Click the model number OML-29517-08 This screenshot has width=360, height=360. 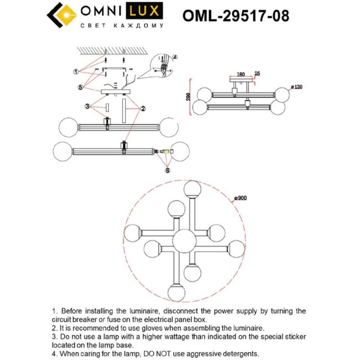(x=235, y=15)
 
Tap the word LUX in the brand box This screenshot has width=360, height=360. (x=146, y=11)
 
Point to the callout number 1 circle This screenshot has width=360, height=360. (x=76, y=72)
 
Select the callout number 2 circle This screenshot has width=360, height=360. (x=143, y=108)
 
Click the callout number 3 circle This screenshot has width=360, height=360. (x=87, y=106)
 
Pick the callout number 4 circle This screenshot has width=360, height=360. (x=174, y=57)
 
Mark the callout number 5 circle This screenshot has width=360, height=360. (x=80, y=87)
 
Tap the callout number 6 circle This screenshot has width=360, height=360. (x=167, y=171)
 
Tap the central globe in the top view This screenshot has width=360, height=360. (x=182, y=240)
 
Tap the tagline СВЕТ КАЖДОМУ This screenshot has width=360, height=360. (x=122, y=25)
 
